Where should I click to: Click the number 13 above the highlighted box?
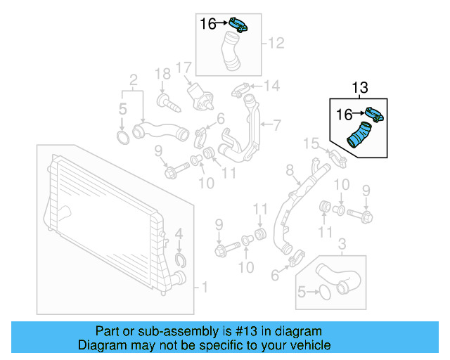(x=359, y=88)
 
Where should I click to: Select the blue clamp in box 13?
(x=374, y=114)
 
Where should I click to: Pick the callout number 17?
(x=184, y=68)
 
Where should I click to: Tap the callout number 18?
(x=162, y=73)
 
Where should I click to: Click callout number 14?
(x=271, y=86)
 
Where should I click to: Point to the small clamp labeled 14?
(x=240, y=90)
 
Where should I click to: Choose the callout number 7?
(x=276, y=126)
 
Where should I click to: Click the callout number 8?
(x=289, y=170)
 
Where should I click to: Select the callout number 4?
(x=179, y=233)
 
